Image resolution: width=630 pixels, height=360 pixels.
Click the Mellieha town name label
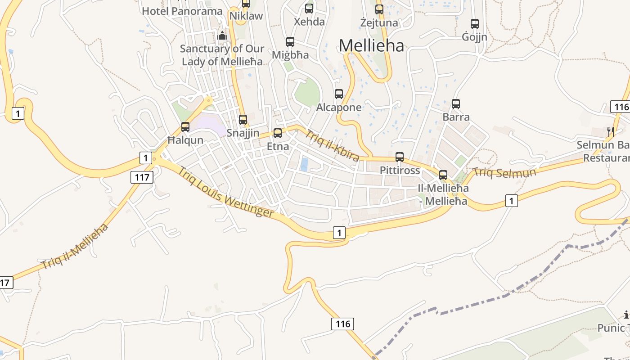[x=371, y=45]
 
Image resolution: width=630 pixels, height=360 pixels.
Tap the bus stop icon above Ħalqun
[x=185, y=127]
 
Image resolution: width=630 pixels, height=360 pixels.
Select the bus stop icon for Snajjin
[x=243, y=119]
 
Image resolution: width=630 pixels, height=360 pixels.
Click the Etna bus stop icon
[x=278, y=133]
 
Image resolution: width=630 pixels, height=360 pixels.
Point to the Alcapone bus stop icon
[x=339, y=94]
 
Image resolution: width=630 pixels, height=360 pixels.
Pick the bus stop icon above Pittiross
[x=400, y=157]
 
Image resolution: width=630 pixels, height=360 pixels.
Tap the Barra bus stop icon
[x=456, y=104]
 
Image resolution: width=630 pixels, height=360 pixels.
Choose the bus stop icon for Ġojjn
[x=475, y=23]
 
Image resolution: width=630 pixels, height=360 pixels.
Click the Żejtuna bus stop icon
[x=379, y=9]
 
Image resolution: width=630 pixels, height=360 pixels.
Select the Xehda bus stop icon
[x=309, y=8]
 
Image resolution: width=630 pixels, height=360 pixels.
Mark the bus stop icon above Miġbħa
[x=290, y=42]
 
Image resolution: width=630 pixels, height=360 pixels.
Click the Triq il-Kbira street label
[x=333, y=145]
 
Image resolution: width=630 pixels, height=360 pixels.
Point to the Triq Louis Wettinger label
[x=225, y=192]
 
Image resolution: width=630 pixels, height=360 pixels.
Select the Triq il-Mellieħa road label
[x=75, y=246]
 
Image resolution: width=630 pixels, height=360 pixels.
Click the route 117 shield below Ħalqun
[x=142, y=177]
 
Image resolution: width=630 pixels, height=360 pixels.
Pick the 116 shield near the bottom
[x=342, y=324]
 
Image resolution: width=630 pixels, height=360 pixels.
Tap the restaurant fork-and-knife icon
[x=611, y=131]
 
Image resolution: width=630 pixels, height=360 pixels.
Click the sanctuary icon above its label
[x=222, y=35]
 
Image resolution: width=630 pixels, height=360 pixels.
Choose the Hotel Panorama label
[x=182, y=11]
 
